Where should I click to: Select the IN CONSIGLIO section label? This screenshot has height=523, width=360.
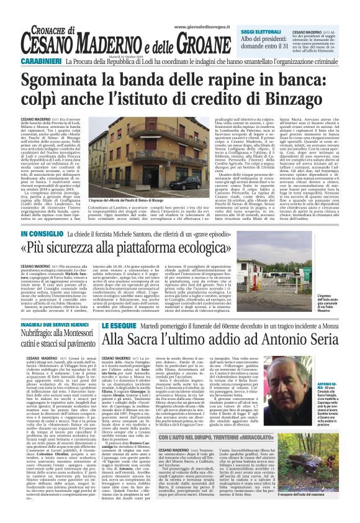59,234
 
